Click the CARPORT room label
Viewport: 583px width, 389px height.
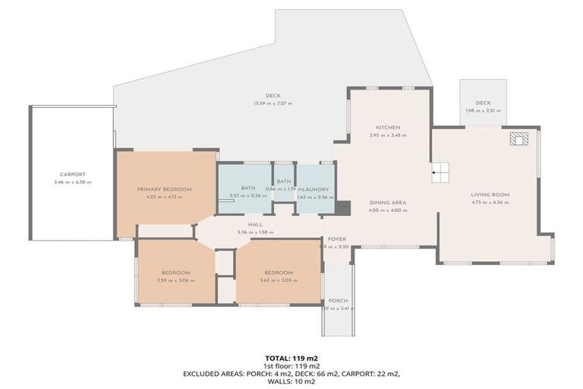click(72, 174)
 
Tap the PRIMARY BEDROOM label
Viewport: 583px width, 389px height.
click(164, 189)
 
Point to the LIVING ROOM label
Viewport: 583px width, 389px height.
click(490, 194)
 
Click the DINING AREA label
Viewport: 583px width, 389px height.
click(388, 203)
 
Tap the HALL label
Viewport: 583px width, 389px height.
click(254, 224)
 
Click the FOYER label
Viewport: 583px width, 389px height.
click(337, 239)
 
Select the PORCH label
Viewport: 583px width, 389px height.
click(338, 302)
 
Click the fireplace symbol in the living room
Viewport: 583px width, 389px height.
click(520, 139)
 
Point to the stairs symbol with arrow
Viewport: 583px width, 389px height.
click(441, 173)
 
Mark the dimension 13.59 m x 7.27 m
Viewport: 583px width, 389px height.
click(273, 103)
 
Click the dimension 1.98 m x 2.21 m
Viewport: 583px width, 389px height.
click(483, 111)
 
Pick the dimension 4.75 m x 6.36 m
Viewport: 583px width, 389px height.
click(490, 203)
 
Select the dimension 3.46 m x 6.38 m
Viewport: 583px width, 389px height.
click(72, 182)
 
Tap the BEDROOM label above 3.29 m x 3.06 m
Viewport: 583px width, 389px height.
click(175, 273)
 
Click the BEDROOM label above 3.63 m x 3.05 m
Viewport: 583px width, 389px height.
click(279, 273)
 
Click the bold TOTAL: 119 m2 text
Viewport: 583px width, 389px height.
click(291, 357)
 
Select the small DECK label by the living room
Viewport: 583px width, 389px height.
click(483, 103)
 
